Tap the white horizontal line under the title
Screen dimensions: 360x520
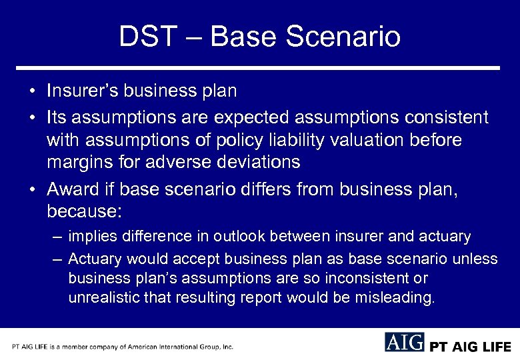click(259, 68)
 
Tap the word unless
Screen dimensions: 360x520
click(476, 259)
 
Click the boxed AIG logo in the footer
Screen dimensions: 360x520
click(404, 342)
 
